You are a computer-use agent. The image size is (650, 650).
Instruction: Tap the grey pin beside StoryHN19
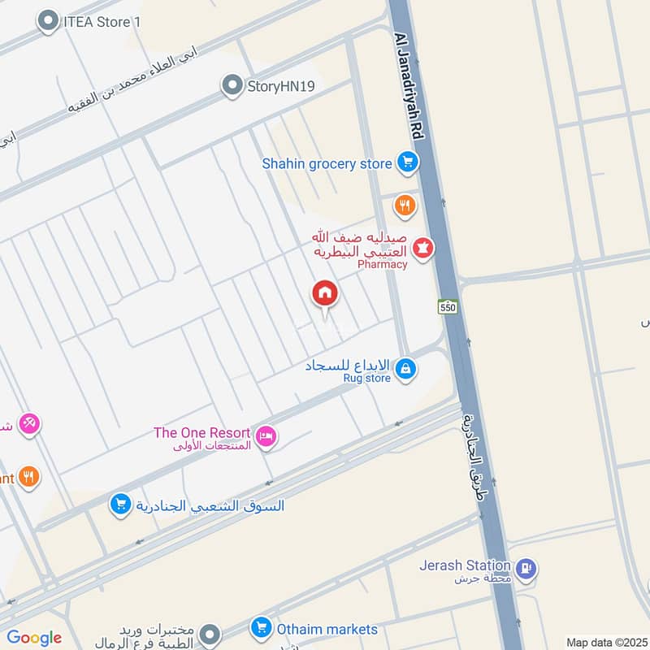(233, 85)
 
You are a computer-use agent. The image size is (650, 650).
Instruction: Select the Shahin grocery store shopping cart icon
(407, 163)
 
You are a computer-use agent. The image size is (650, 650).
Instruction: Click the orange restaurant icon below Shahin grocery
(405, 206)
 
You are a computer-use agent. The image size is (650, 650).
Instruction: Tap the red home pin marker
(325, 294)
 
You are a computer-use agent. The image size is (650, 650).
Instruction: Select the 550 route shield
(448, 307)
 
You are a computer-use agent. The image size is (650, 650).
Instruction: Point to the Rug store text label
(366, 378)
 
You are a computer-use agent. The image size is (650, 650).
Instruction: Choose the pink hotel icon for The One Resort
(265, 437)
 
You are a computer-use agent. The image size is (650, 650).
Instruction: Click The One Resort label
(202, 432)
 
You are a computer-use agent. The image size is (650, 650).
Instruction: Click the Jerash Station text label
(465, 565)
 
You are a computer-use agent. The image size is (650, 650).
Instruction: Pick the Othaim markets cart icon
(262, 628)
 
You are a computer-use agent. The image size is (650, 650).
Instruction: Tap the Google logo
(34, 638)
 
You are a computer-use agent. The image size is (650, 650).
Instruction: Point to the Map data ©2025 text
(606, 642)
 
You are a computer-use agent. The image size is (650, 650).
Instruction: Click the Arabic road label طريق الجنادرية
(474, 456)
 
